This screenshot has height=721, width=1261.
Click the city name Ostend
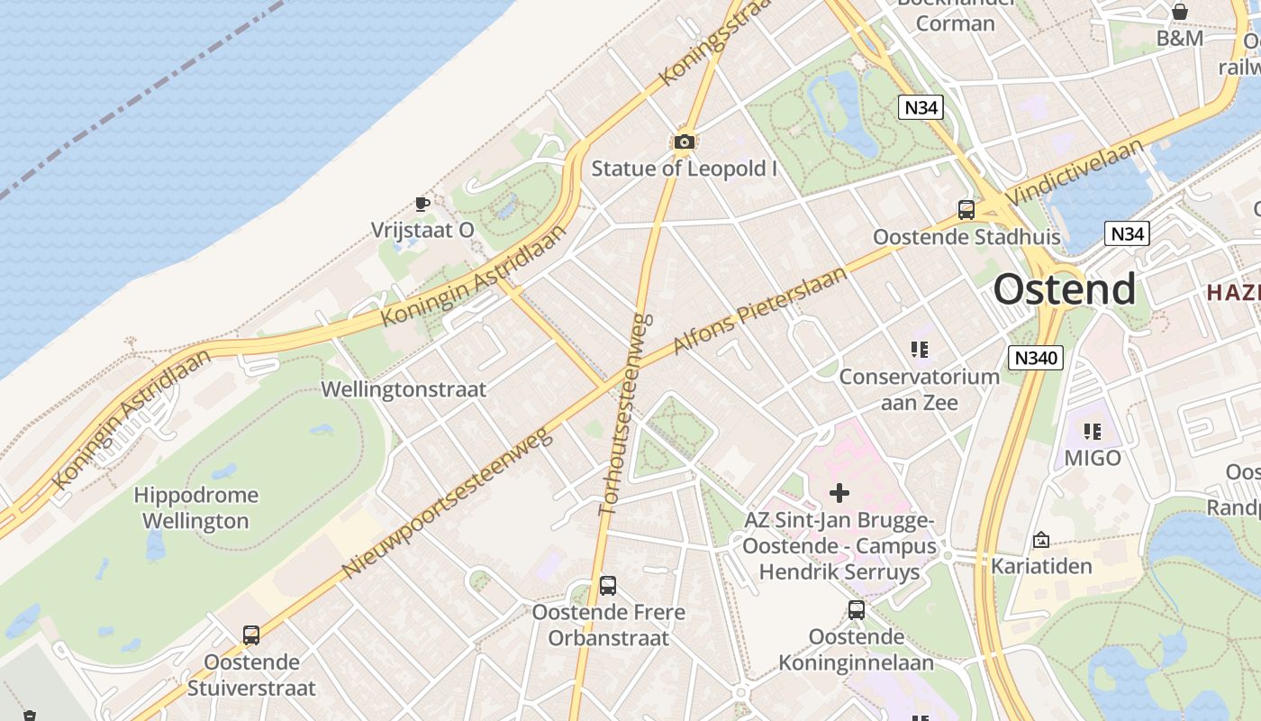tap(1064, 289)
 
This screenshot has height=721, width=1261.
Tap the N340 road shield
tap(1035, 358)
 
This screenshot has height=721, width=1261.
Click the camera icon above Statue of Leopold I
tap(684, 141)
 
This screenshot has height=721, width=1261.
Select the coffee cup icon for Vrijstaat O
tap(422, 204)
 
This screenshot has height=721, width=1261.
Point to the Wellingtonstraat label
tap(404, 389)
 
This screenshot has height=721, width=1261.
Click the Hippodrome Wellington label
tap(195, 507)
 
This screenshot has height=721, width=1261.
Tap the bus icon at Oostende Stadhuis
tap(966, 210)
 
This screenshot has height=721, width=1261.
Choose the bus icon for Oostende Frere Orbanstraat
tap(608, 586)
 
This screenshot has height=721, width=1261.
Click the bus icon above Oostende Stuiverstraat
tap(251, 635)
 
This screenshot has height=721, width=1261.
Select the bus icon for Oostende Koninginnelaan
tap(857, 610)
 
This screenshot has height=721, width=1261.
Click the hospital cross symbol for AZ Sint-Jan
tap(839, 493)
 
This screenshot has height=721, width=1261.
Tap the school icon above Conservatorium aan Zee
tap(919, 350)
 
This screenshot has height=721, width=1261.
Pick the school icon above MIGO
tap(1093, 432)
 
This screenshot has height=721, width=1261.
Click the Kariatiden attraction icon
tap(1041, 540)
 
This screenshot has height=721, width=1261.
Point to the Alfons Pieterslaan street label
tap(760, 310)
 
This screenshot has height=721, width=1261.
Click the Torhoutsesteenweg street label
tap(623, 414)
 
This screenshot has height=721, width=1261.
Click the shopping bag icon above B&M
tap(1179, 12)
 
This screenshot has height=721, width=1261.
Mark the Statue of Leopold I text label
tap(684, 169)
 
